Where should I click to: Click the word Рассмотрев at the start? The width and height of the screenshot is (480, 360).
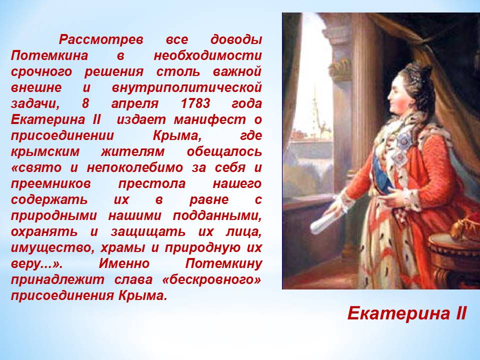(x=101, y=40)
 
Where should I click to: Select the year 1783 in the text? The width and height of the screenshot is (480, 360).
(x=195, y=103)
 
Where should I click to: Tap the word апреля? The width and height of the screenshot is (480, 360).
(x=134, y=104)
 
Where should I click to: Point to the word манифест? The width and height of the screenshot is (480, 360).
(x=210, y=119)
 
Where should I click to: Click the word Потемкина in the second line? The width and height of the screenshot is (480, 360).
(x=49, y=55)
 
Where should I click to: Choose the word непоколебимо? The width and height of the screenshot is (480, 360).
(x=135, y=167)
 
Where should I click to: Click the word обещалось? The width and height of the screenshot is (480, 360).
(x=224, y=152)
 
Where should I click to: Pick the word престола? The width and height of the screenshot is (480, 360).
(x=152, y=183)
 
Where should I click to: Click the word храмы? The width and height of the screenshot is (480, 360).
(x=124, y=247)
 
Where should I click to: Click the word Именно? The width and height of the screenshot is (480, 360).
(x=124, y=263)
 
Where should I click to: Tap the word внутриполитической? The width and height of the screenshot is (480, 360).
(x=186, y=88)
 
